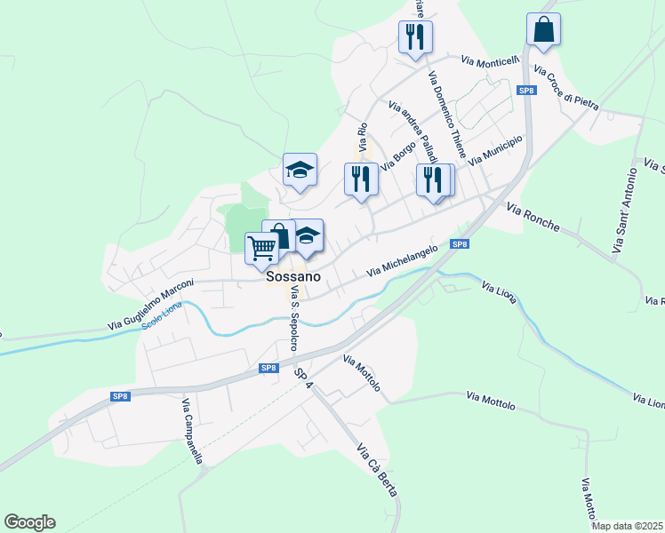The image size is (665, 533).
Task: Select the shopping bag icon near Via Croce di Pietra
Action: [x=543, y=28]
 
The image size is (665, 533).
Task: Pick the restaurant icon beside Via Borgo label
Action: [x=361, y=179]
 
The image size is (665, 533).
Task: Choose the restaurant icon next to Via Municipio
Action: [x=433, y=179]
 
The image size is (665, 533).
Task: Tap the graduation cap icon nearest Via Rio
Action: [x=300, y=169]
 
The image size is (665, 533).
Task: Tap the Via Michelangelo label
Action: [x=401, y=259]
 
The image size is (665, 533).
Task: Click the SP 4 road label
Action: [x=306, y=378]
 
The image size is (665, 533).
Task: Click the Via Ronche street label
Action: [x=533, y=217]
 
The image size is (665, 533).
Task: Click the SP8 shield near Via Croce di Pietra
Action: [x=526, y=90]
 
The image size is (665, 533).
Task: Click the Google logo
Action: [x=29, y=522]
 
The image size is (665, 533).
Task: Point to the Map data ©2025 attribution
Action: [x=628, y=526]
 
